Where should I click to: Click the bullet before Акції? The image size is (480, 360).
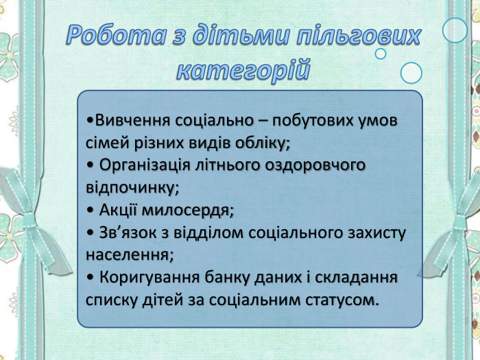pos(91,210)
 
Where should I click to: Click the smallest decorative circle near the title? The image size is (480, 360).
pos(381,53)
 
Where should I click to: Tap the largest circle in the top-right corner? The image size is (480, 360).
pos(455,30)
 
